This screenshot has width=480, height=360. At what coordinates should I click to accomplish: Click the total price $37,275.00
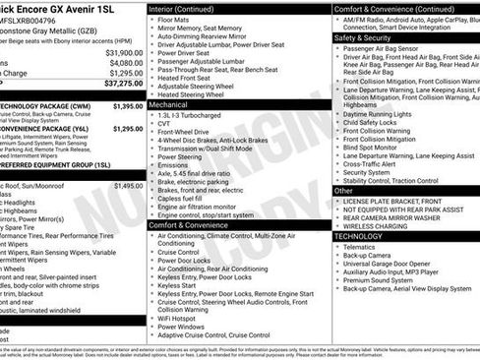[x=116, y=84]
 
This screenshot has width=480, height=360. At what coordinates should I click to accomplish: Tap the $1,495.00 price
[x=128, y=185]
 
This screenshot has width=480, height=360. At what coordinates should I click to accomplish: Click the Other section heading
[x=344, y=190]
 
